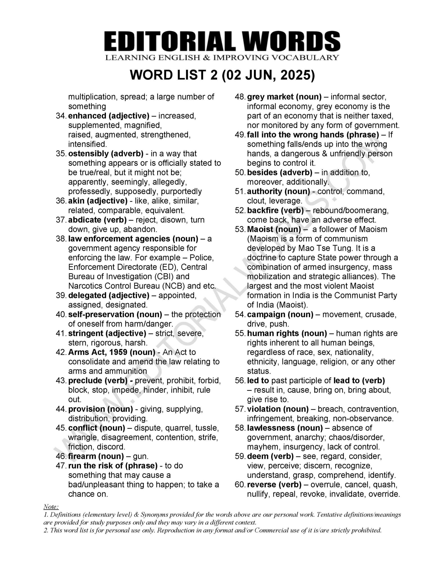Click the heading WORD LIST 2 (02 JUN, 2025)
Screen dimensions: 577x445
[222, 76]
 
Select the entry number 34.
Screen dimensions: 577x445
[61, 116]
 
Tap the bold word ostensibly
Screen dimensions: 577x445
[88, 153]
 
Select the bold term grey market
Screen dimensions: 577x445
[270, 97]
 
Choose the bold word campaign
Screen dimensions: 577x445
[266, 314]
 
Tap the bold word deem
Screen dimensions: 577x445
[256, 456]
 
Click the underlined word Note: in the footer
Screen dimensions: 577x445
[51, 507]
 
